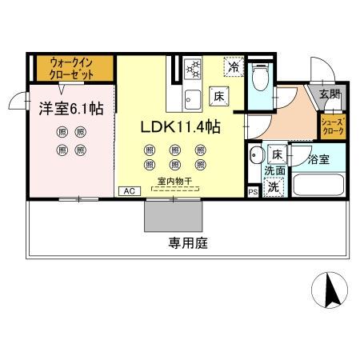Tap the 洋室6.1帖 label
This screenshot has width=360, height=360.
(66, 110)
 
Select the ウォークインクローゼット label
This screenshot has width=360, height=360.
(66, 67)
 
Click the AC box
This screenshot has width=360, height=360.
(127, 191)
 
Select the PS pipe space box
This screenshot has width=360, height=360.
(253, 192)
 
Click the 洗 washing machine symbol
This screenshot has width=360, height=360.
(274, 187)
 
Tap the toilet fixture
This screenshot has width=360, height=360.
(258, 77)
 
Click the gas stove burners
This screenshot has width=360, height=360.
(193, 70)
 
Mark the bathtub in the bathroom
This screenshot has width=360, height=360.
(318, 185)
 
